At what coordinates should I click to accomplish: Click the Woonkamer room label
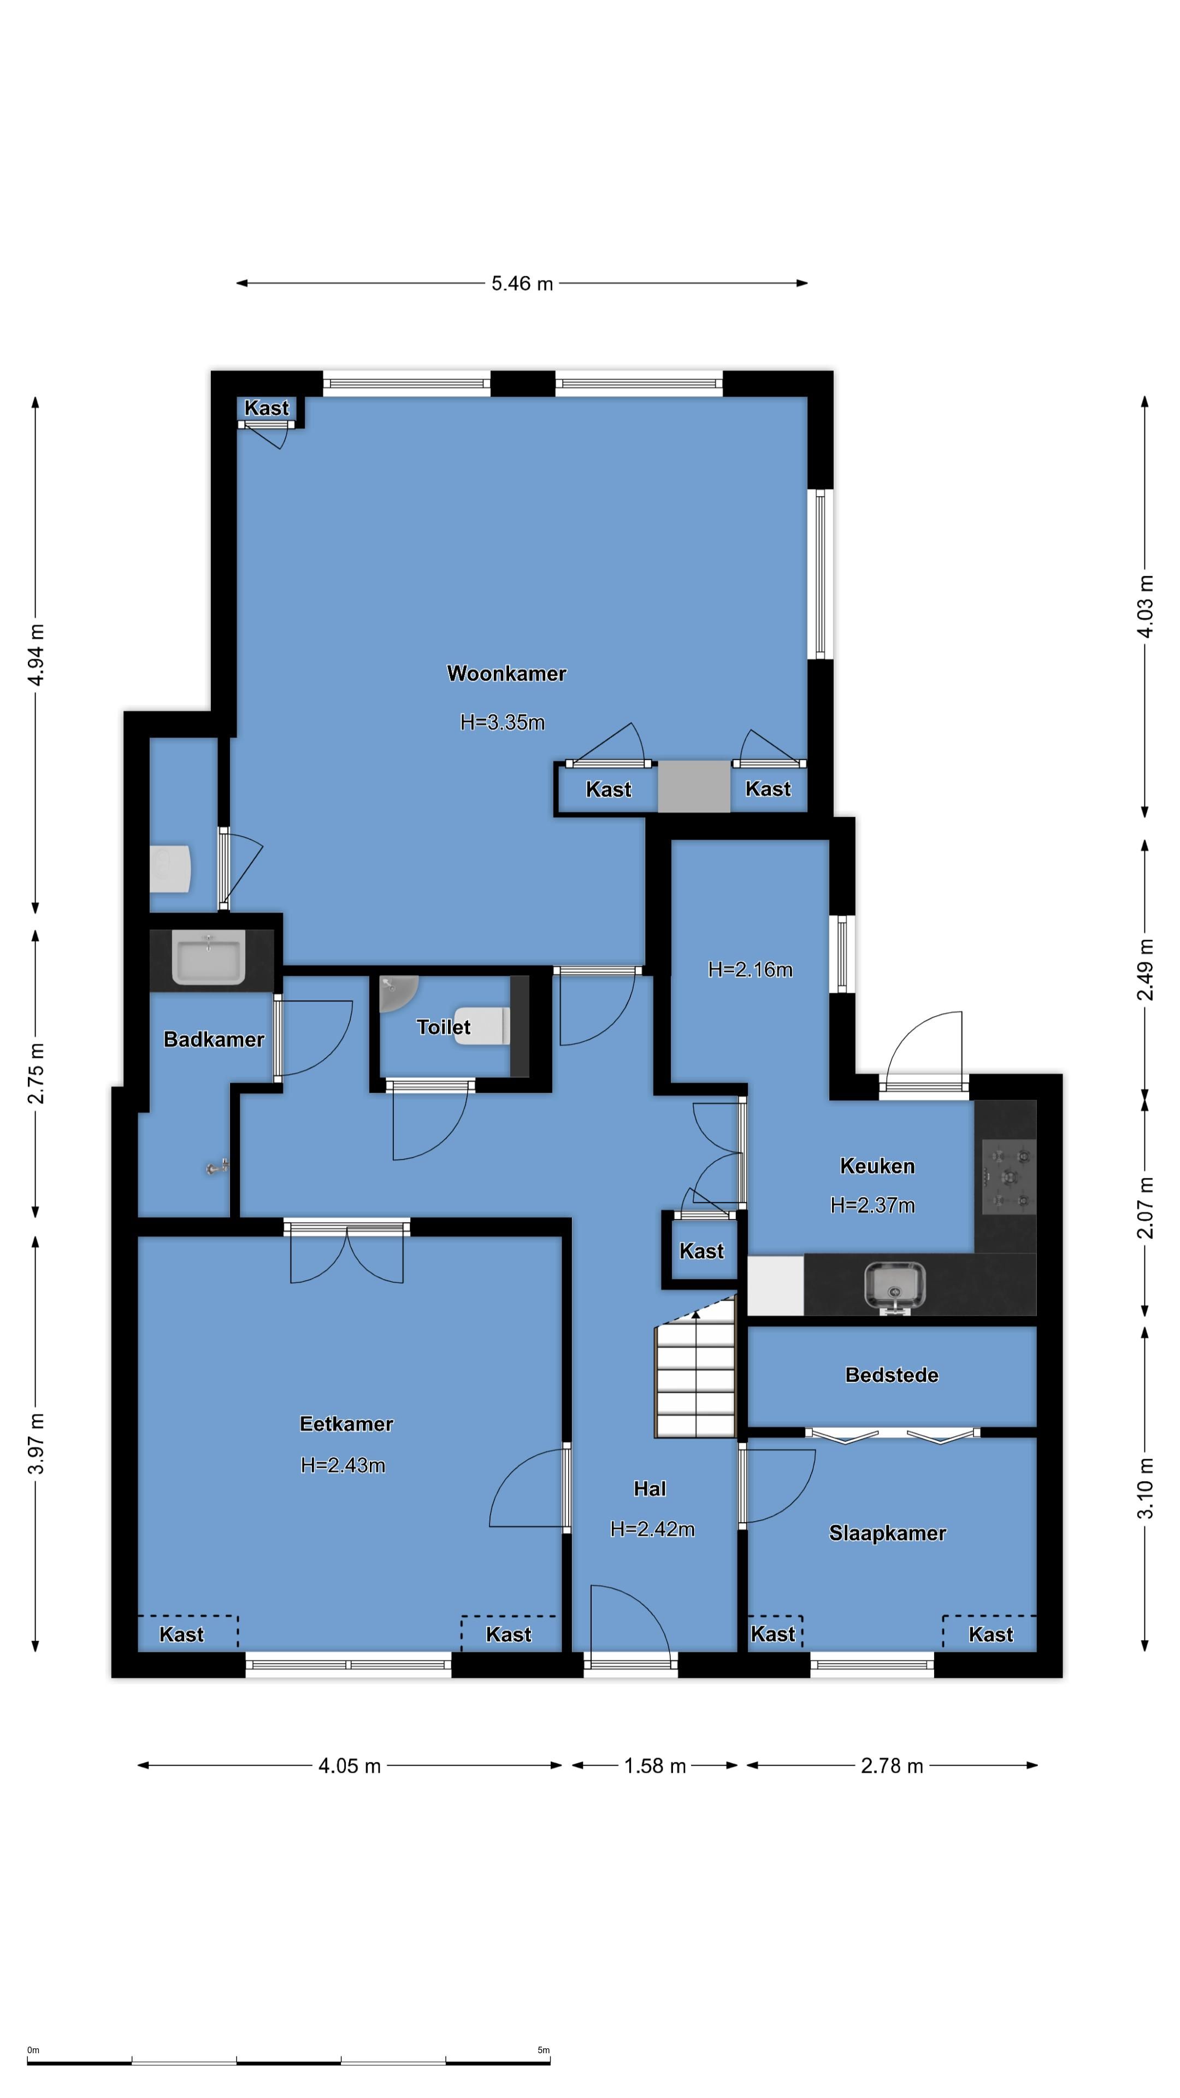coord(506,674)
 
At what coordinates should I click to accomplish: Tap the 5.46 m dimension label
coord(522,284)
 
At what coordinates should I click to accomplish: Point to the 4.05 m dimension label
coord(350,1766)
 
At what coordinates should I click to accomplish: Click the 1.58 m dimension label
coord(655,1766)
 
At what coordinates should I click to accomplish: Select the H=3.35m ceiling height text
coord(503,722)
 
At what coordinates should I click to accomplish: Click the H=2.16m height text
coord(750,969)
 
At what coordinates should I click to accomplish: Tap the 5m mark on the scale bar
coord(543,2050)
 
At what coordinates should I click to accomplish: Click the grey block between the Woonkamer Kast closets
coord(694,787)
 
